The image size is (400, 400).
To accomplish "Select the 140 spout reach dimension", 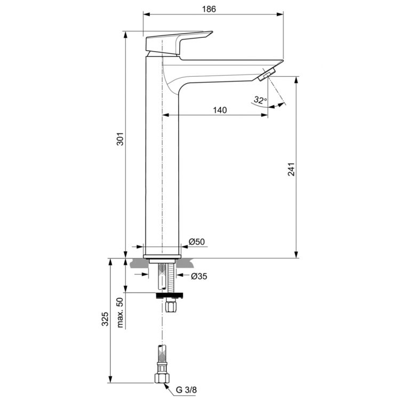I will (x=219, y=110).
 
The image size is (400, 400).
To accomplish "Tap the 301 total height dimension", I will (x=120, y=140).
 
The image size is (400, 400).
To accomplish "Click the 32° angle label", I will (x=260, y=99).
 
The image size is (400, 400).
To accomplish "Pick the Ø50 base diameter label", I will (x=197, y=242).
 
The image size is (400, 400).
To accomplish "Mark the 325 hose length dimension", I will (x=105, y=319).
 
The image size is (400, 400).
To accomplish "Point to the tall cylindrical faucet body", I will (x=162, y=160).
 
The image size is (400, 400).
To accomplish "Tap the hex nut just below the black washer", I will (x=171, y=307).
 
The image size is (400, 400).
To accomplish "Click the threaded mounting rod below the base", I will (x=171, y=277).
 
